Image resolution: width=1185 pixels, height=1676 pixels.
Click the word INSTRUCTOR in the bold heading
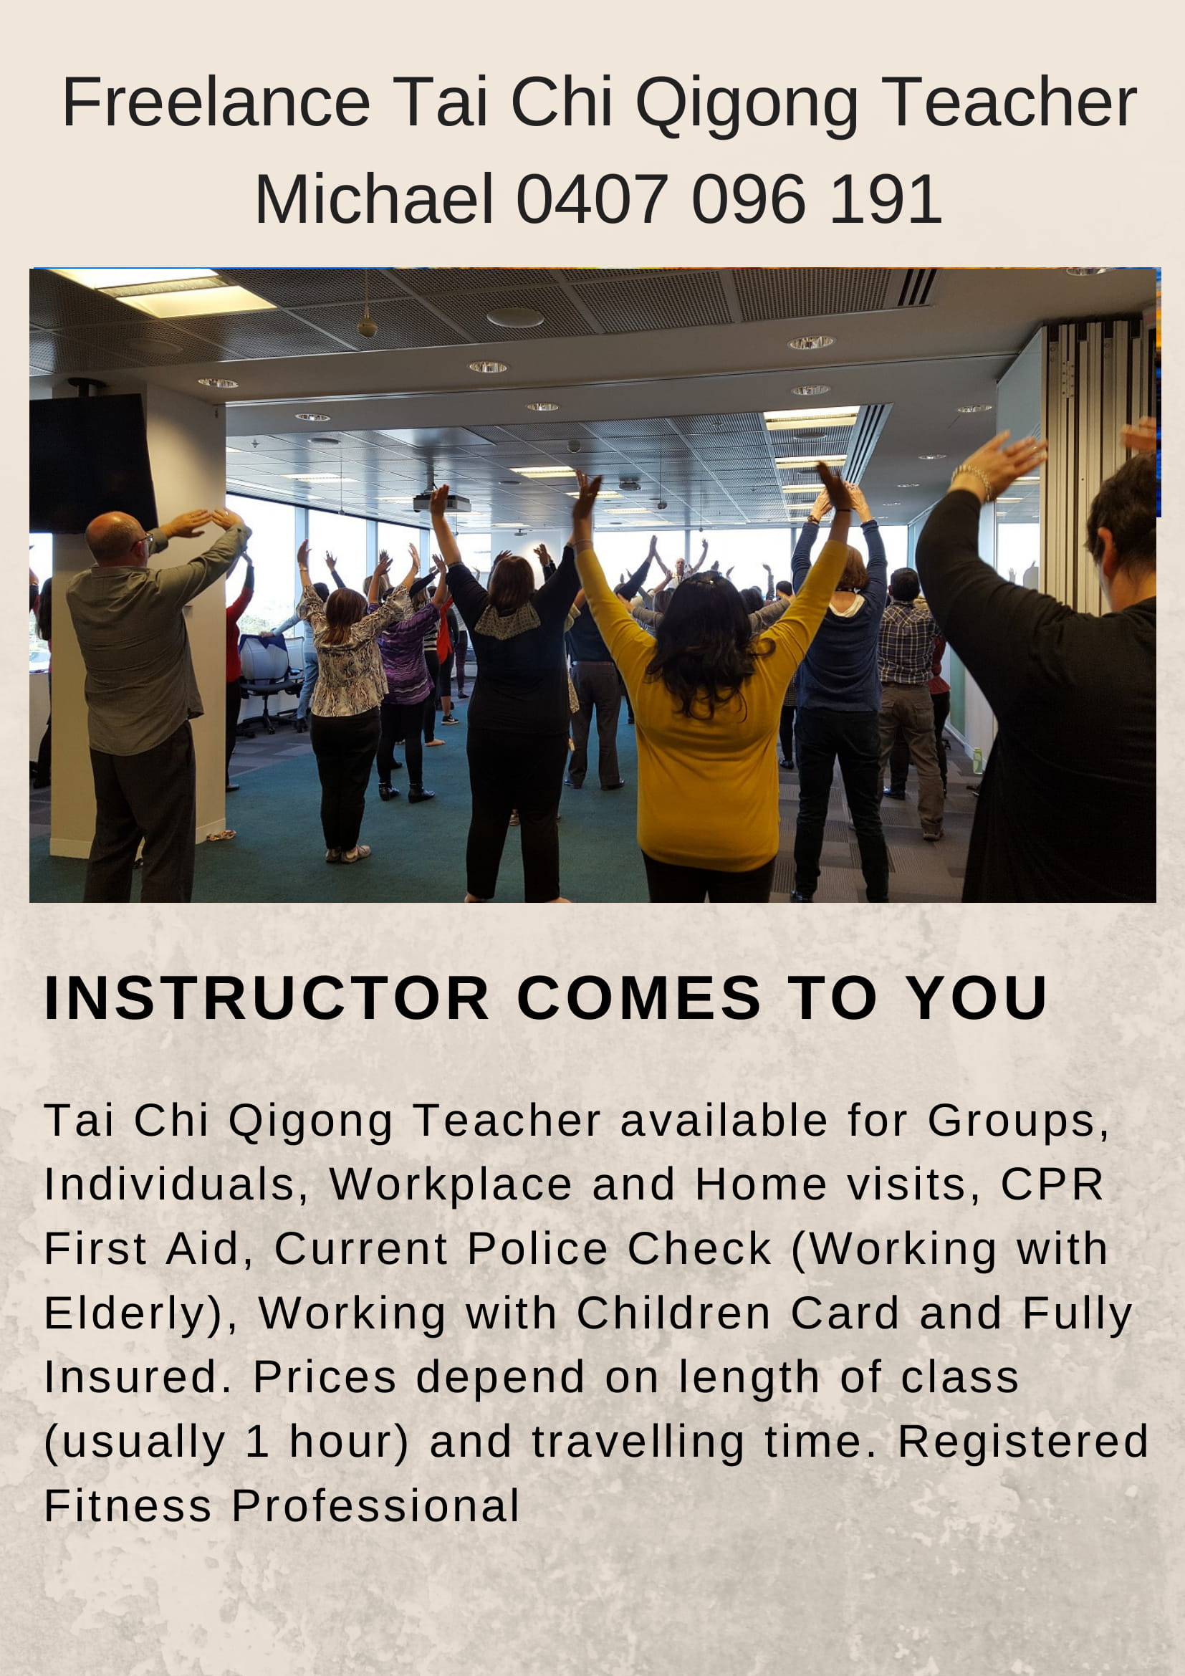[267, 998]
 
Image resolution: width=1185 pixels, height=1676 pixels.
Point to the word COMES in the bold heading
[639, 998]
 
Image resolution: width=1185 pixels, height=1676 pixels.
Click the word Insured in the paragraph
[130, 1376]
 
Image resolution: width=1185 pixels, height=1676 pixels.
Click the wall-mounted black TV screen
[92, 463]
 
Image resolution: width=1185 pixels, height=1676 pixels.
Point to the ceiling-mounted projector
[441, 503]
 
